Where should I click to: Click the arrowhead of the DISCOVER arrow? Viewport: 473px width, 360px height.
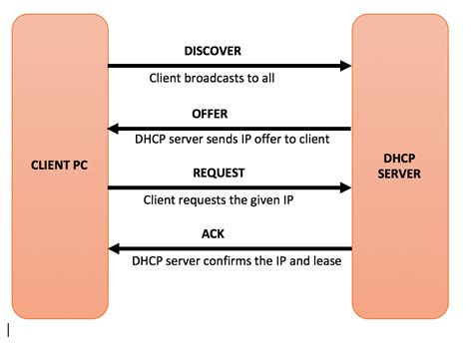click(345, 66)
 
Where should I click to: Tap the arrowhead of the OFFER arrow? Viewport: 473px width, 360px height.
click(114, 128)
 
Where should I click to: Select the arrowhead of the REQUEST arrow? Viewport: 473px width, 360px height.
click(345, 187)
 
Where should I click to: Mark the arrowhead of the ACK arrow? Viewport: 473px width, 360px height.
click(114, 249)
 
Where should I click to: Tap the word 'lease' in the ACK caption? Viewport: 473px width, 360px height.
click(320, 262)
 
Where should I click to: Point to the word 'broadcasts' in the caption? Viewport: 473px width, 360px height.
click(216, 78)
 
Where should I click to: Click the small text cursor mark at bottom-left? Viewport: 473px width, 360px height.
click(8, 328)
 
